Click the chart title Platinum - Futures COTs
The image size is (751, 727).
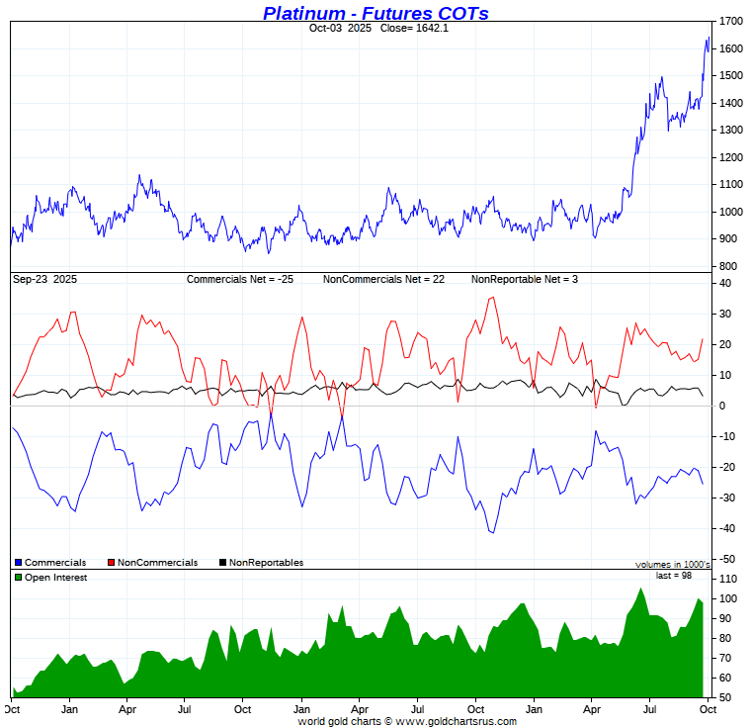point(375,13)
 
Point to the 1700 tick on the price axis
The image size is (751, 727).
point(732,21)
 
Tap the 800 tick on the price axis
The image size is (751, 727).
point(729,266)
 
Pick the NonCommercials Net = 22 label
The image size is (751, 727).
point(383,280)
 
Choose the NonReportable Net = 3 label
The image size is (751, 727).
point(525,280)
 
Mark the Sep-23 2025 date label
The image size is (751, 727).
point(45,280)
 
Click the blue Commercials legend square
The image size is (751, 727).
point(18,563)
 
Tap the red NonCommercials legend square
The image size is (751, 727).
point(111,563)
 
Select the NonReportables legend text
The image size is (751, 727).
point(266,563)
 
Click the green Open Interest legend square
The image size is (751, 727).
point(18,578)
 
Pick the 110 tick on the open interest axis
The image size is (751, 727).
point(729,579)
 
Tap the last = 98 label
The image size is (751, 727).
point(676,576)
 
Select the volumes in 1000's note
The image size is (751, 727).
point(673,565)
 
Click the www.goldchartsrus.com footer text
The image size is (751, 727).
point(456,721)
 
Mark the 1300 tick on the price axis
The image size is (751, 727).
point(732,131)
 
